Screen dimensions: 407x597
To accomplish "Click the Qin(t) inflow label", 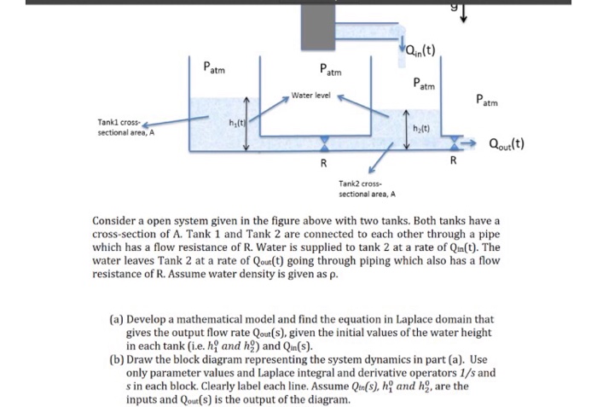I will (x=419, y=49).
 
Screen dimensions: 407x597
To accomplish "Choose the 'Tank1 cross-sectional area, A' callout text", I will (x=125, y=129).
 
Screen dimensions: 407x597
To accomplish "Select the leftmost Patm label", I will (x=215, y=67).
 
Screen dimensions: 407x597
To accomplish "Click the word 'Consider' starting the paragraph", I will (x=116, y=221).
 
